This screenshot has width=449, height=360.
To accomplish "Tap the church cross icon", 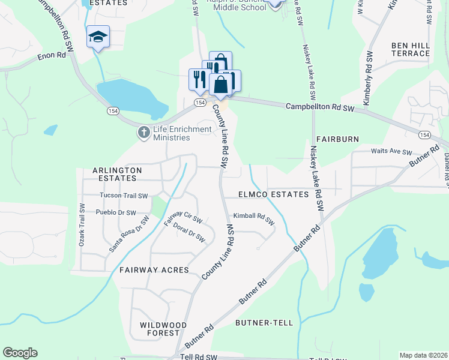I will point(143,133).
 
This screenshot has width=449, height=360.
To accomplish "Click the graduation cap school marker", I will point(98,37).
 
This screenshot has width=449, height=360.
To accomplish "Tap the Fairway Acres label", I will point(154,270).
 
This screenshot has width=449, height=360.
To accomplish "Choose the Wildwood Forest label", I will point(160,329).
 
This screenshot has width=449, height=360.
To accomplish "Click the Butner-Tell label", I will point(264,323).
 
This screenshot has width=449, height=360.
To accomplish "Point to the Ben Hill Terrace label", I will point(411,49).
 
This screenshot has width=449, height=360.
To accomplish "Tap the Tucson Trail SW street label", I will point(123,196).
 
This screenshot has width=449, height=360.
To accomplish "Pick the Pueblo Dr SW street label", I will point(116,212).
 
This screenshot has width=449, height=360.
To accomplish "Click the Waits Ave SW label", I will point(391,152).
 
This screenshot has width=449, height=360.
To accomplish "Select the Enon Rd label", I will point(51,55).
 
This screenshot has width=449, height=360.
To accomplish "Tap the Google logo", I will point(20,353).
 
